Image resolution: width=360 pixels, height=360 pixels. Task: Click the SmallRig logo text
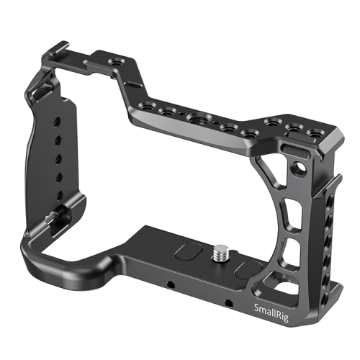pyautogui.click(x=271, y=309)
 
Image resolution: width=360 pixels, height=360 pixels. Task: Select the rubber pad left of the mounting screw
pyautogui.click(x=189, y=253)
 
